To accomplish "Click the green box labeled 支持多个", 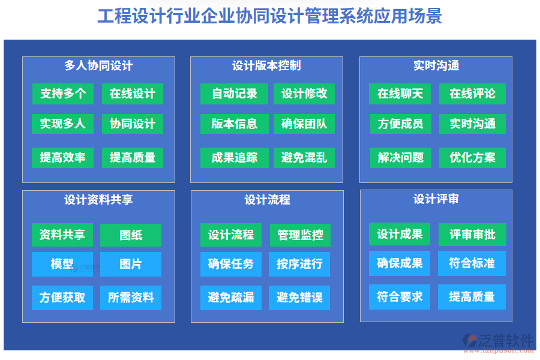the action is click(62, 94).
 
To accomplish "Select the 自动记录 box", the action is click(234, 94).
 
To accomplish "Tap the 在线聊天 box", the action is click(400, 94).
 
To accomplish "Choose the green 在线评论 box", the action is click(472, 94).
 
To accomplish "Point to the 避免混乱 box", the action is click(304, 158).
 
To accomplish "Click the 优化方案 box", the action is click(472, 158).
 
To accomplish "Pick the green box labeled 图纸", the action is click(131, 235).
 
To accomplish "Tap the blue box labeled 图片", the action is click(131, 264).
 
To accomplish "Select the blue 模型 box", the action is click(62, 264).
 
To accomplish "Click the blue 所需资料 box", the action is click(131, 298).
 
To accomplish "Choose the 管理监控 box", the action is click(300, 235).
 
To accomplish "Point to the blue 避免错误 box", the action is click(299, 298).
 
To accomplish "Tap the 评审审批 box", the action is click(472, 234).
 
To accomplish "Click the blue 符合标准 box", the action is click(472, 263).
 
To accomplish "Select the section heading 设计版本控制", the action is click(266, 65).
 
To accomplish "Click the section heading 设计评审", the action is click(436, 199).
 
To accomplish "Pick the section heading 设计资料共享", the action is click(98, 199).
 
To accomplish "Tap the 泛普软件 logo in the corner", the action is click(498, 343).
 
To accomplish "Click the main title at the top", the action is click(269, 16).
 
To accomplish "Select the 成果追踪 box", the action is click(234, 158).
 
